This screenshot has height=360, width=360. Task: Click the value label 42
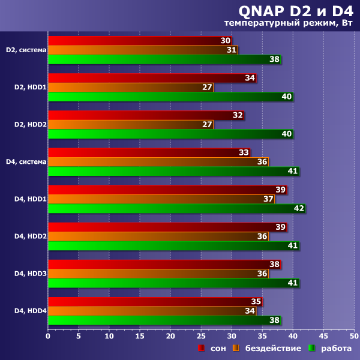tap(298, 209)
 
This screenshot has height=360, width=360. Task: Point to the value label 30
tap(226, 41)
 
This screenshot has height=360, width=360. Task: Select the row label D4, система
tap(26, 161)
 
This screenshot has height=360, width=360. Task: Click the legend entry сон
tap(208, 348)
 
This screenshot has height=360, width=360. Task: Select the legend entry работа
tap(330, 348)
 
